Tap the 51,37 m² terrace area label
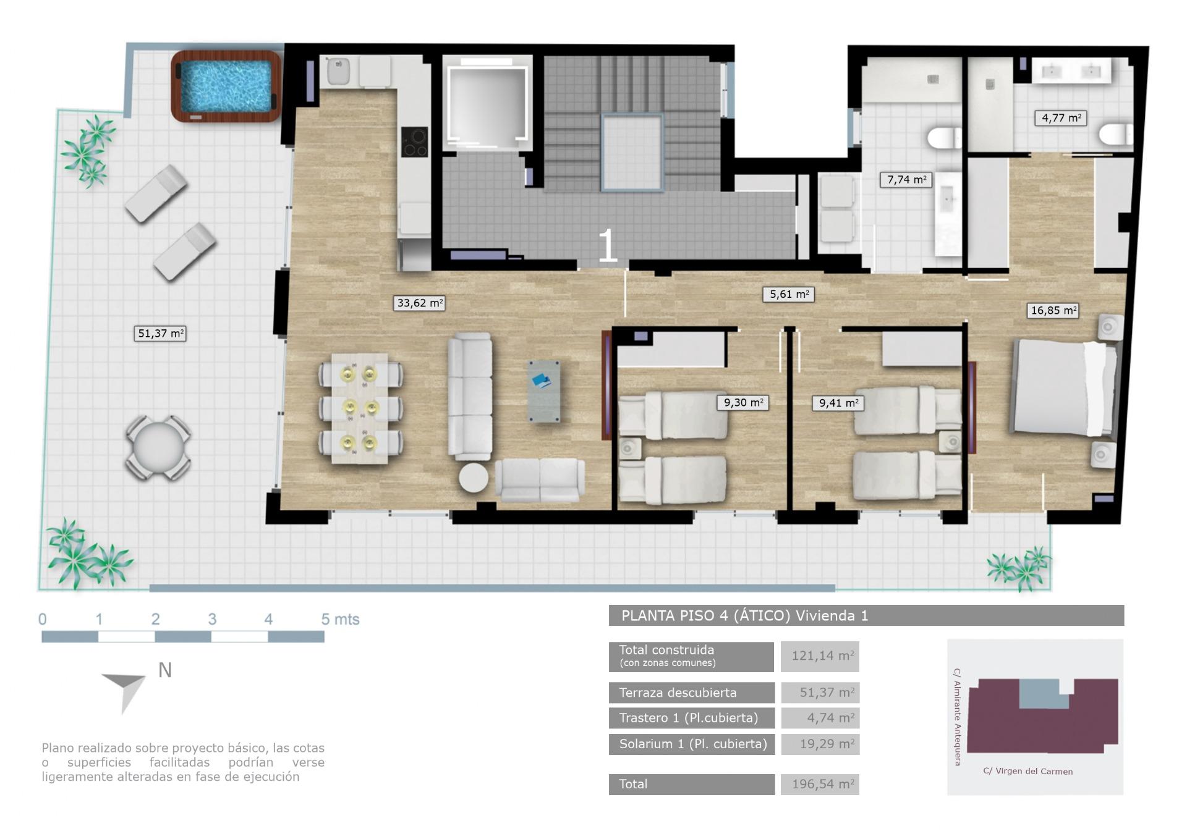tap(160, 334)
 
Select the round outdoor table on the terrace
tap(158, 448)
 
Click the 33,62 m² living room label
tap(419, 303)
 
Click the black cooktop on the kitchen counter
tap(414, 141)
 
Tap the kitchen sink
tap(338, 72)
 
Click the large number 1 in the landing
tap(607, 246)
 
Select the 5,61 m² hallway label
tap(788, 294)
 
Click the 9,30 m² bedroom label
tap(742, 403)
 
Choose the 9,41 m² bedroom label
tap(838, 403)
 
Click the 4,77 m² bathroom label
tap(1060, 118)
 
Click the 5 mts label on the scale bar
tap(340, 619)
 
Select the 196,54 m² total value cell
tap(820, 785)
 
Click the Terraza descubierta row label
tap(691, 693)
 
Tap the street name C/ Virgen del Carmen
tap(1027, 771)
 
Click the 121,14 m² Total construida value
tap(820, 656)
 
